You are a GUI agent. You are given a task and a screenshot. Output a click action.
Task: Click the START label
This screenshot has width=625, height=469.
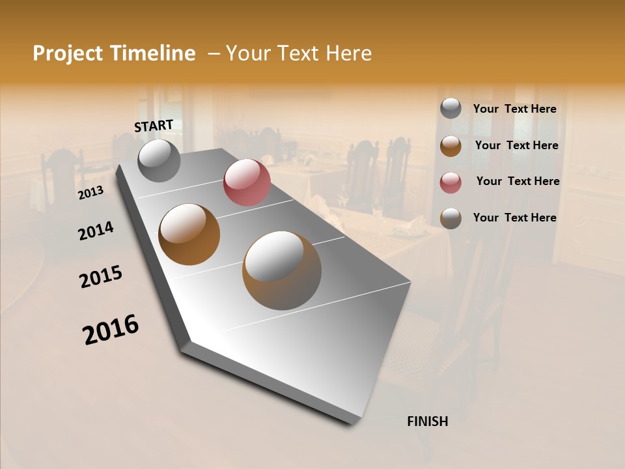[154, 126]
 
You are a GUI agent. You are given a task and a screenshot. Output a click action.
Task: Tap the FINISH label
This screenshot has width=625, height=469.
[427, 421]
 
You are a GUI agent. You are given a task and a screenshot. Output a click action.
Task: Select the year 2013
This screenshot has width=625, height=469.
[90, 193]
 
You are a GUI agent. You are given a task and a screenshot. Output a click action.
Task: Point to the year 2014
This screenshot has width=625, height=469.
[96, 231]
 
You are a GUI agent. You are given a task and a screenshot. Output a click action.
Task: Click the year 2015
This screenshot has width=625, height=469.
[101, 277]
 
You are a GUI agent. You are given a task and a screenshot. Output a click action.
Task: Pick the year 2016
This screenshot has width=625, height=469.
[111, 330]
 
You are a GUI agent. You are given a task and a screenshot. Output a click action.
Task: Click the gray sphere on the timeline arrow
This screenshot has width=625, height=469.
[159, 160]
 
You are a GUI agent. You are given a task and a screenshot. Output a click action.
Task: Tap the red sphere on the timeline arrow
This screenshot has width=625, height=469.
[247, 182]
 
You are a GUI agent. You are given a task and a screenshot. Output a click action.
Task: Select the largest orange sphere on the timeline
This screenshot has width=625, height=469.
[282, 270]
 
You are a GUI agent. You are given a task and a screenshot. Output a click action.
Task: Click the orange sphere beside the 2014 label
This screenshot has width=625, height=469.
[189, 234]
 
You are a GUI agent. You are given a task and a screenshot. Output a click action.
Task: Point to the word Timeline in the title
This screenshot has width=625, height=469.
[154, 53]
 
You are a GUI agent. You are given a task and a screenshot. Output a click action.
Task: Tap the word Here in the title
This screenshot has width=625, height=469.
[348, 53]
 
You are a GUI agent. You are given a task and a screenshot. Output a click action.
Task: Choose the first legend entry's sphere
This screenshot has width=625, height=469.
[451, 109]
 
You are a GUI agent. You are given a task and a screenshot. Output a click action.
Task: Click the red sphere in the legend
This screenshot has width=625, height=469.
[451, 182]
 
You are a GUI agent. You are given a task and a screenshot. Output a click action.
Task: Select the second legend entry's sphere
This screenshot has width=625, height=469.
[451, 145]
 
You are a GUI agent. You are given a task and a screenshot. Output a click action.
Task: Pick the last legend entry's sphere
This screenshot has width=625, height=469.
[451, 218]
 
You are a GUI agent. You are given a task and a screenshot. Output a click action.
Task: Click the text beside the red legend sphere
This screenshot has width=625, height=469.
[518, 181]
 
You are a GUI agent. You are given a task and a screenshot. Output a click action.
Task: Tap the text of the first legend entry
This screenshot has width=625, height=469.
[514, 109]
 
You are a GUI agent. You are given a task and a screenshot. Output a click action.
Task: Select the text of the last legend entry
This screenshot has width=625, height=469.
[514, 218]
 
